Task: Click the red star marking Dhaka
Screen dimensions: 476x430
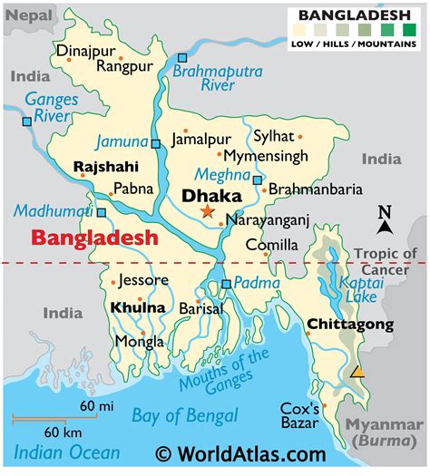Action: [208, 211]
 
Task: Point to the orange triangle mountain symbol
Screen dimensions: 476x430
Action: [358, 372]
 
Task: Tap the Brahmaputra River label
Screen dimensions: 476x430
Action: [217, 79]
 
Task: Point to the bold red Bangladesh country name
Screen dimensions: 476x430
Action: [94, 238]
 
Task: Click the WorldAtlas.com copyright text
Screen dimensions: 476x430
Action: [239, 452]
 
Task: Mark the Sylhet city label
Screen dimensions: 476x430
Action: [273, 136]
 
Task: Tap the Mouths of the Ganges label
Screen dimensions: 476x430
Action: [224, 373]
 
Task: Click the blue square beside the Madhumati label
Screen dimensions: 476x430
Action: [101, 213]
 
